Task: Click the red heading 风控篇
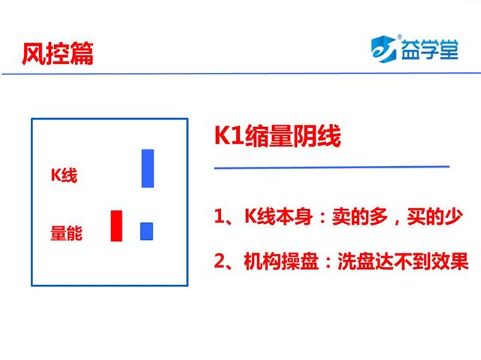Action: pyautogui.click(x=57, y=53)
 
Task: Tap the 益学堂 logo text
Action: pyautogui.click(x=430, y=50)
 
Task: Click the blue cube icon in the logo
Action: pyautogui.click(x=383, y=49)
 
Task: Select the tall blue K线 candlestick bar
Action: pyautogui.click(x=147, y=168)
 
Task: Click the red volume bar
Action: pyautogui.click(x=116, y=225)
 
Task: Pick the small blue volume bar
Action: pyautogui.click(x=147, y=231)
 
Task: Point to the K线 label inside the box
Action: pyautogui.click(x=64, y=175)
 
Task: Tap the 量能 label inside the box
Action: pyautogui.click(x=66, y=233)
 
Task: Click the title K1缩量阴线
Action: pyautogui.click(x=277, y=135)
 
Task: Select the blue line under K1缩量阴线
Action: pyautogui.click(x=331, y=168)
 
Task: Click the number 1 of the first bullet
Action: pyautogui.click(x=219, y=216)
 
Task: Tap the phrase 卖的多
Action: pyautogui.click(x=360, y=216)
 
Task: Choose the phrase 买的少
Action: pyautogui.click(x=434, y=216)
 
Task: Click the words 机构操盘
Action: pyautogui.click(x=281, y=262)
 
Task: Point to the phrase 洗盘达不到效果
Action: pyautogui.click(x=403, y=262)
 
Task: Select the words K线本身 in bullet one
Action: pyautogui.click(x=279, y=216)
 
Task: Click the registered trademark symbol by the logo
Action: pyautogui.click(x=399, y=37)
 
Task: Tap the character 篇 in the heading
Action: pyautogui.click(x=82, y=53)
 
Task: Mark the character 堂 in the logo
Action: pyautogui.click(x=449, y=50)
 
